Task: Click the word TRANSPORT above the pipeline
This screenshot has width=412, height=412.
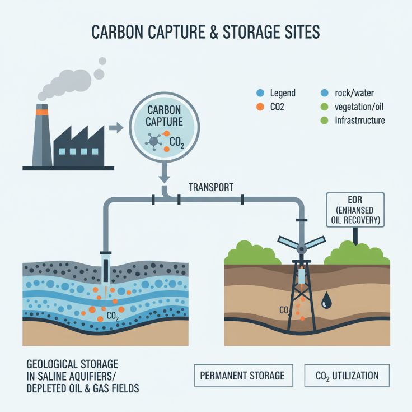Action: coord(210,187)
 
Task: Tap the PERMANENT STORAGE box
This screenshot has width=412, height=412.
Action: coord(244,375)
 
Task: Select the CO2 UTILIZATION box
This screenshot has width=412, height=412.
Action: coord(347,375)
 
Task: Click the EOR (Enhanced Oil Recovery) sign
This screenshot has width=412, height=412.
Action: coord(355,210)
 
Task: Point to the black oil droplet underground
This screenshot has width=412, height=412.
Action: coord(326,301)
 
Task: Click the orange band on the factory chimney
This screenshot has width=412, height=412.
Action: coord(43,112)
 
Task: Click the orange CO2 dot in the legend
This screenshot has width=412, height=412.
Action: coord(259,107)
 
